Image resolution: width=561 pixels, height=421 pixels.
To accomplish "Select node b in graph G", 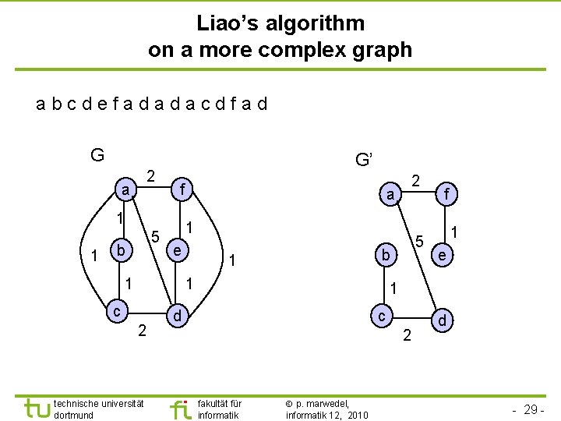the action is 120,251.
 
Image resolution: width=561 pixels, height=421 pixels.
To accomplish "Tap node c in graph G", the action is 115,311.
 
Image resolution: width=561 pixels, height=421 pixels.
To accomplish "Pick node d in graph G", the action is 178,316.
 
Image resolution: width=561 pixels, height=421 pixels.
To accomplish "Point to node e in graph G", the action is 178,251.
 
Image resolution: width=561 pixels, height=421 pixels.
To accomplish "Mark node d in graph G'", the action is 442,320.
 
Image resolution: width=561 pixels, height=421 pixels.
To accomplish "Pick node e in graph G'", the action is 442,255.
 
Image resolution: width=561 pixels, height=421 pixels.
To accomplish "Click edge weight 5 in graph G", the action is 155,236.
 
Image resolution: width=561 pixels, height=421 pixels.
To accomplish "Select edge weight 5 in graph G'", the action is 418,241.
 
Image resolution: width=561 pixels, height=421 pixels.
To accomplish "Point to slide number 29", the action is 530,409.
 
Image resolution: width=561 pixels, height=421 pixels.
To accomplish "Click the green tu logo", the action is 35,409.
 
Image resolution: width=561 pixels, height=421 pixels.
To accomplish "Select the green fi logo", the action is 180,409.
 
